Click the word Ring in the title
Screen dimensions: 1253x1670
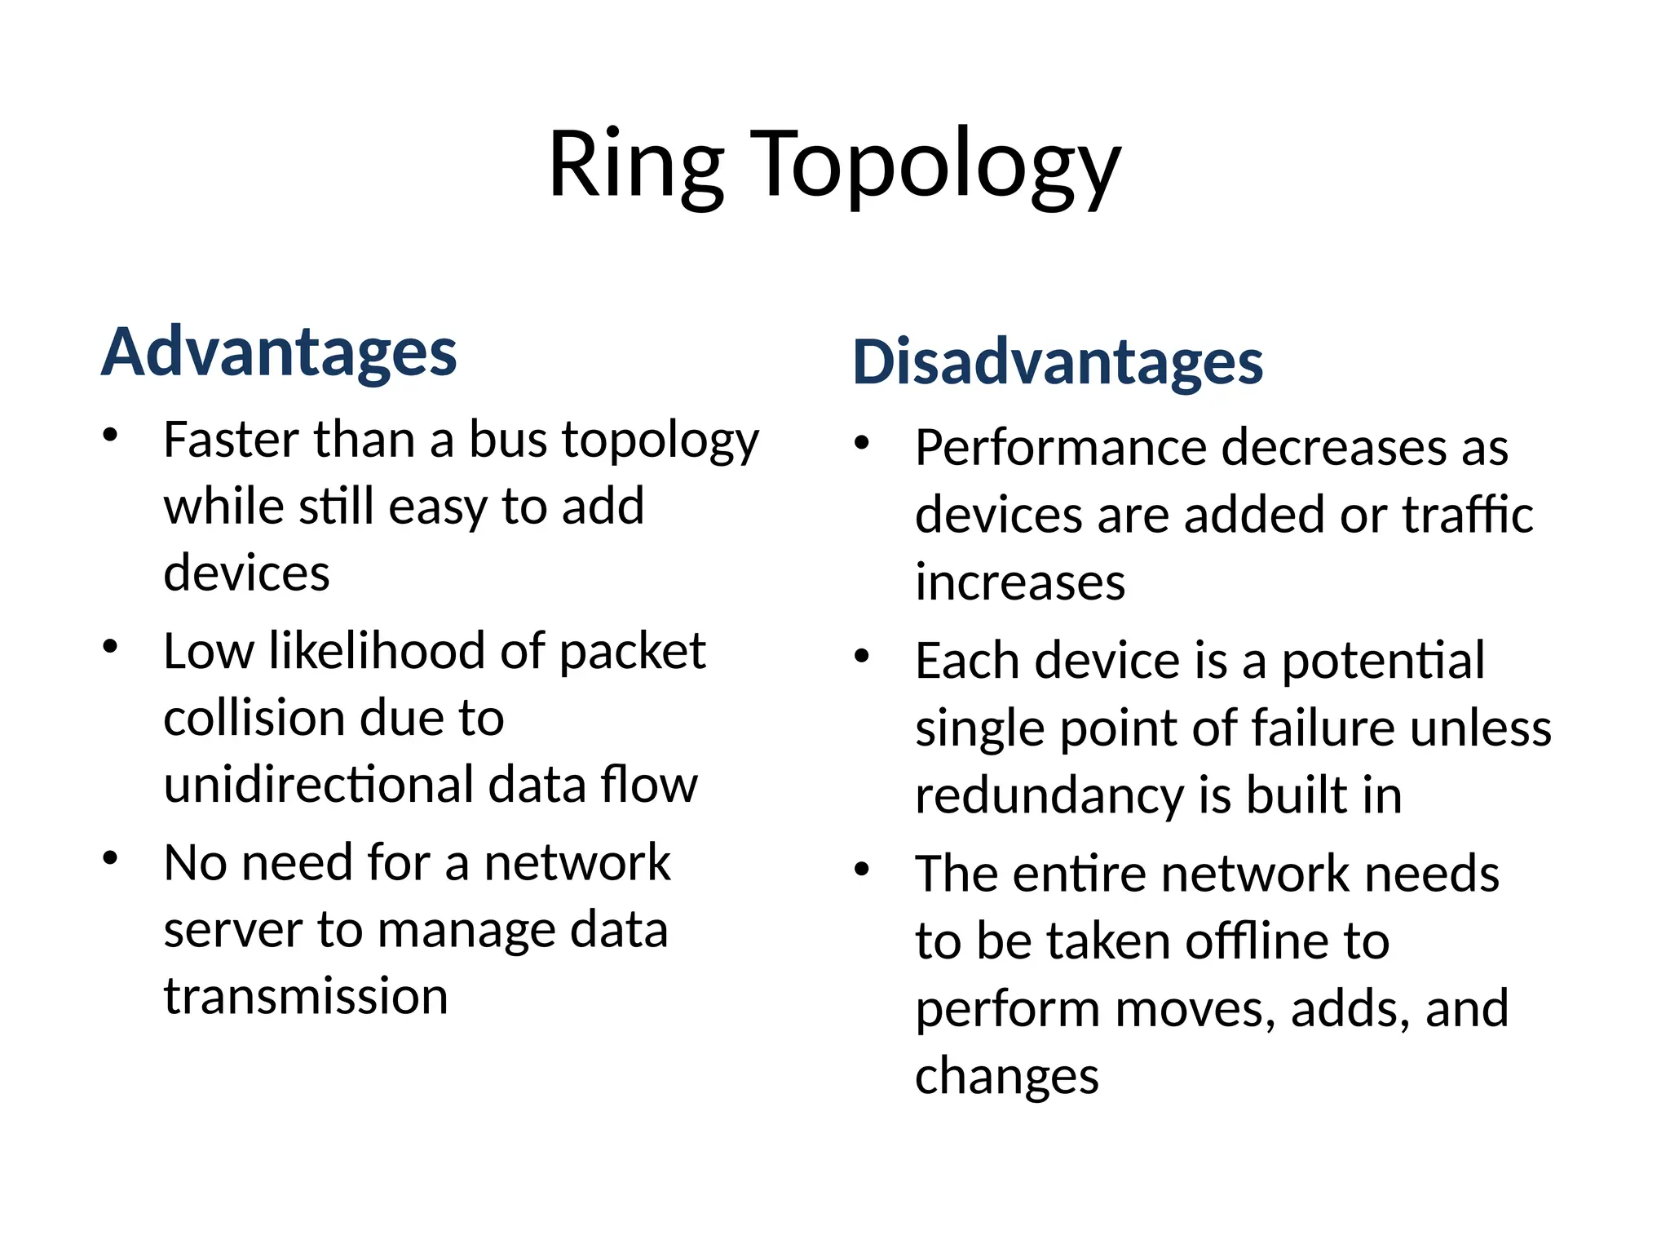pos(635,166)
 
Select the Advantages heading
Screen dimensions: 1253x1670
pos(279,352)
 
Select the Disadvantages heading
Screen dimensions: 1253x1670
pos(1058,362)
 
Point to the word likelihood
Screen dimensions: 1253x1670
pos(376,652)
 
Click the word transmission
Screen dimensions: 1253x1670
pos(306,997)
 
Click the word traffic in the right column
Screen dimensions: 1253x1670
pos(1468,516)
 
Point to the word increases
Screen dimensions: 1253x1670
pos(1019,583)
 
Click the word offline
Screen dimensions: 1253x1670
pos(1256,942)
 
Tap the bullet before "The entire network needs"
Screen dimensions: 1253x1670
pos(862,870)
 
